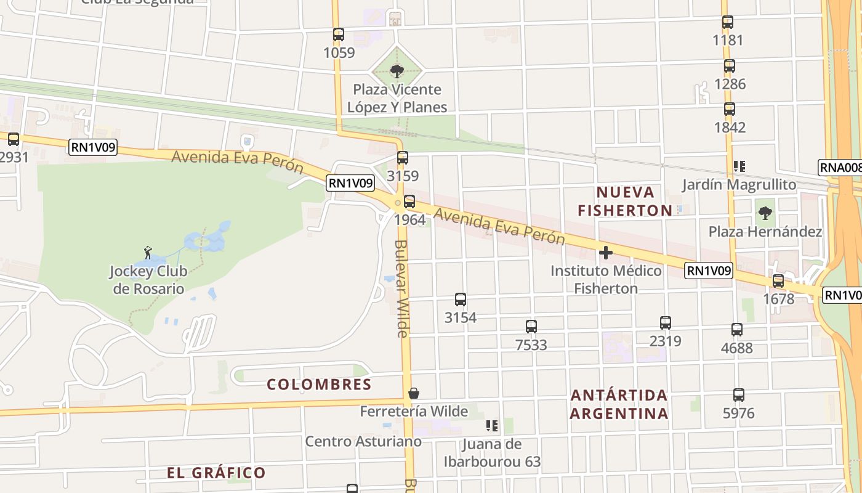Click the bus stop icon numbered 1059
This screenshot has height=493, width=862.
pos(338,35)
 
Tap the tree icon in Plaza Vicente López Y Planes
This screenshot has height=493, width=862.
pos(397,71)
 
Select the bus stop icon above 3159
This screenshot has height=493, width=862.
pos(403,158)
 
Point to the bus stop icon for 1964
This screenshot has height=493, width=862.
pos(409,202)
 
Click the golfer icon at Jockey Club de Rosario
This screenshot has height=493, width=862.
pos(147,252)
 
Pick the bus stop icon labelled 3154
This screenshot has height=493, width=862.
pos(461,299)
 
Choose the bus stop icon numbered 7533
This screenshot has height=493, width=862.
pos(531,327)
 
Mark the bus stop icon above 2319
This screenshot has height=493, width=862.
pos(666,323)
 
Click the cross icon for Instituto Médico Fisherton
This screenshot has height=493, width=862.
pos(606,253)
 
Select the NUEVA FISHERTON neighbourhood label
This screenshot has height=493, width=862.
pos(625,201)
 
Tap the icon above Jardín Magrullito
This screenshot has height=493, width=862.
pos(739,166)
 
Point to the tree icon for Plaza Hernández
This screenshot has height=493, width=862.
pos(765,214)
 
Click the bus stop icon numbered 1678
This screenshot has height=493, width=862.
pos(778,281)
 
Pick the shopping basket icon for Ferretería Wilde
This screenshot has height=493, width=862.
pos(414,393)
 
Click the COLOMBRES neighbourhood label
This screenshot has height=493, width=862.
pos(319,385)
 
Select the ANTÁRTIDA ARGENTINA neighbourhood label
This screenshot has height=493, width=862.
pos(619,404)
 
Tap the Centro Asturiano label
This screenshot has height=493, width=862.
pos(363,441)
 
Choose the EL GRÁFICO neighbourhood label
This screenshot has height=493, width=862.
pos(216,473)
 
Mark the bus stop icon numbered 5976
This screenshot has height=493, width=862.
pos(739,395)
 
